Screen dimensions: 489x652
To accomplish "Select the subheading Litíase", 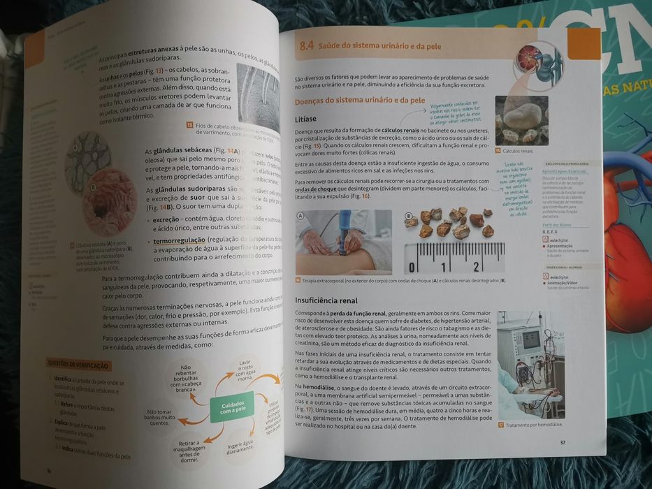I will coord(307,119).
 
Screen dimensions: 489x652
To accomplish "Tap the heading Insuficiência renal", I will coord(328,300).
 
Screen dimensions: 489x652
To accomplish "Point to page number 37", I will coord(563,442).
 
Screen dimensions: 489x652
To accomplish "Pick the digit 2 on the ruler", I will coord(476,267).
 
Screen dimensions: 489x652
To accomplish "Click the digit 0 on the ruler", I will coord(412,268).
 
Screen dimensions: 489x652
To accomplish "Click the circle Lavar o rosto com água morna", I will coord(245,370).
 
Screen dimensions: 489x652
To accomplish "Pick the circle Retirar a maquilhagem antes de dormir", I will coord(189,451).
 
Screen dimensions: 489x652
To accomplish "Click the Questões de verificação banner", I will coord(78,364).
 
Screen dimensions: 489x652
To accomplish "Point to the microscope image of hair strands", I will coord(256,92).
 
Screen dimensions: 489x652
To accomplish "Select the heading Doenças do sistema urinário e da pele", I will coord(359,101).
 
